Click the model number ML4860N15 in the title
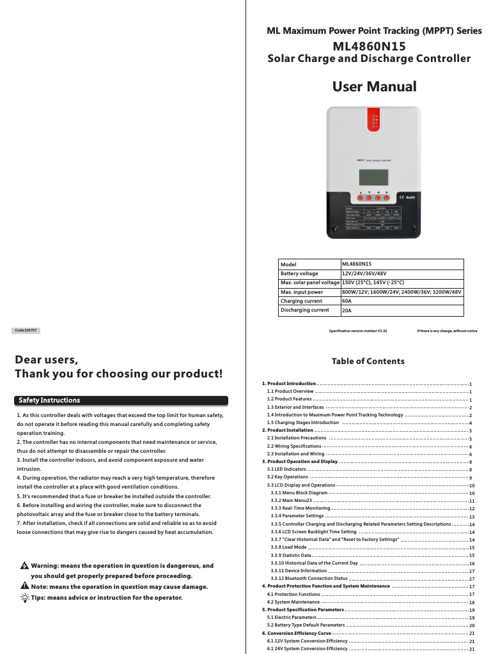369,47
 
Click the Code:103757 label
27,330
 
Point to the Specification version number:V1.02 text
357,331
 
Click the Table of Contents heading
368,361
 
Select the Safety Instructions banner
121,400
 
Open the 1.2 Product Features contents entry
289,399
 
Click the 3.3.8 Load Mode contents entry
288,547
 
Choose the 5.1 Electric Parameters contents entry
292,618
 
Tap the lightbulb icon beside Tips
24,598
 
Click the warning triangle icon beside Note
24,586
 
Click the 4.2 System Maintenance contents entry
293,602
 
